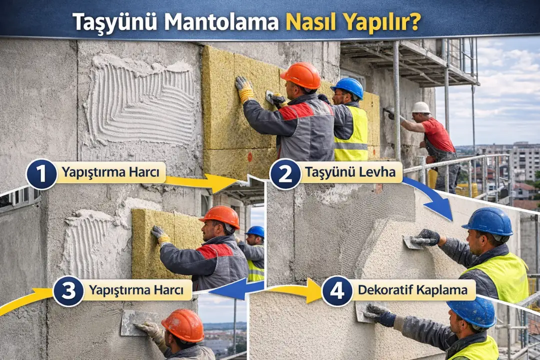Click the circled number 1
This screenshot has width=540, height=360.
41,173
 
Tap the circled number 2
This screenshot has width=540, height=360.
285,173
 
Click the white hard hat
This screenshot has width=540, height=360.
420,107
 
